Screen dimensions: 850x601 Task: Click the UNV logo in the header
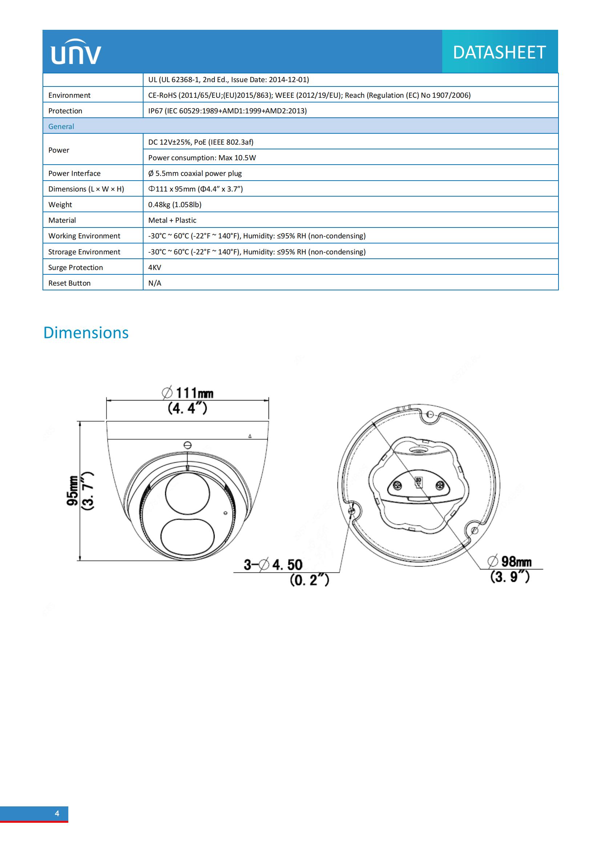point(76,52)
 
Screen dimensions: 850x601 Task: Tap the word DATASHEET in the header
point(499,52)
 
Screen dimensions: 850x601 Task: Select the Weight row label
point(60,205)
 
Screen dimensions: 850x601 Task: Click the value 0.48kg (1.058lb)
point(175,205)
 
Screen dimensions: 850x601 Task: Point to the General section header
point(61,126)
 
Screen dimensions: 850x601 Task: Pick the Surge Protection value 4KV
point(155,267)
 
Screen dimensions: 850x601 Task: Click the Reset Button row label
point(69,283)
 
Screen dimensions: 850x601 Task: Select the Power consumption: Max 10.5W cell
point(202,158)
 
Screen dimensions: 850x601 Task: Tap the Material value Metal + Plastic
point(172,220)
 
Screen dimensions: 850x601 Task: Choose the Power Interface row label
point(74,173)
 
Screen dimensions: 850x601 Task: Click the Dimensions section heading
point(86,333)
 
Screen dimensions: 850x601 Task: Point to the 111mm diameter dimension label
point(187,393)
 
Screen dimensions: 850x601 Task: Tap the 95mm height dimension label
point(73,491)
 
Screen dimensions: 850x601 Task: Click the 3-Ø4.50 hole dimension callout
point(274,565)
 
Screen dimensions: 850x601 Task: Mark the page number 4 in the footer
point(57,813)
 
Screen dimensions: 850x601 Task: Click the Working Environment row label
point(84,236)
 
